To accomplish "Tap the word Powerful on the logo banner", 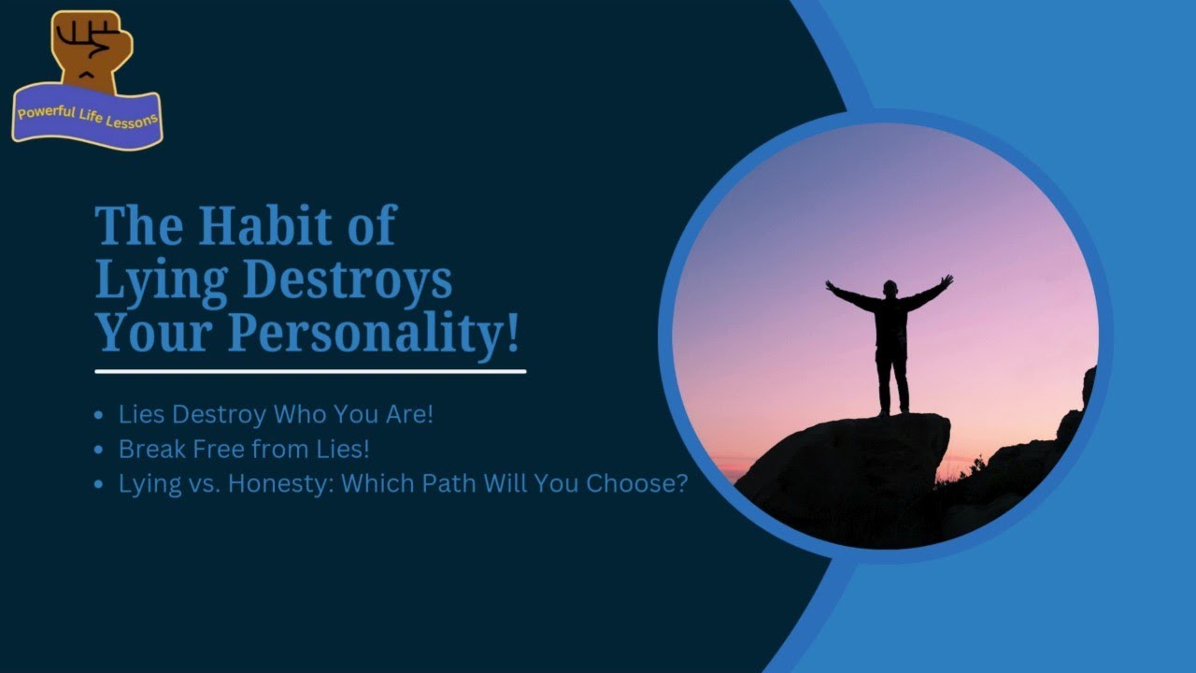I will pyautogui.click(x=46, y=113).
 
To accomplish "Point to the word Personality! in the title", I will pyautogui.click(x=374, y=333).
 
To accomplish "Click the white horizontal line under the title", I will pyautogui.click(x=310, y=371).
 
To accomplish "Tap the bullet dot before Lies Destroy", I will pyautogui.click(x=99, y=415).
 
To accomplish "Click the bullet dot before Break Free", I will pyautogui.click(x=99, y=450).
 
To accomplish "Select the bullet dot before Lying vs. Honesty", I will pyautogui.click(x=99, y=484).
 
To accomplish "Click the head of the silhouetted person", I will pyautogui.click(x=890, y=290).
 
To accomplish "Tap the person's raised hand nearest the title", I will pyautogui.click(x=830, y=286).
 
